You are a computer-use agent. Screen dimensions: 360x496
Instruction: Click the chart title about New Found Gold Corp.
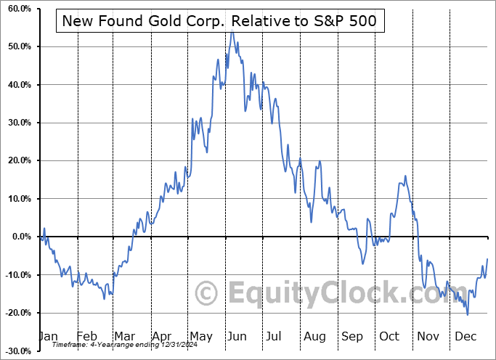(219, 21)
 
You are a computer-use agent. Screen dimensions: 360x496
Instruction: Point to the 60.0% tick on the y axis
(17, 9)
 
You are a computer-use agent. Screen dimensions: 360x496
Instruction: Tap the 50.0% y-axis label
(17, 46)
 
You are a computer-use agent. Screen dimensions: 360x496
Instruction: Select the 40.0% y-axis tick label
(17, 85)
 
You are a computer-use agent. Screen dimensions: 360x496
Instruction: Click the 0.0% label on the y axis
(20, 237)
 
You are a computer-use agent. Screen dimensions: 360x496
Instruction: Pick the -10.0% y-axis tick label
(16, 274)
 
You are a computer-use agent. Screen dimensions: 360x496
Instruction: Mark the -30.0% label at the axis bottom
(16, 351)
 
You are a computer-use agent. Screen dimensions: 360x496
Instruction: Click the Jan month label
(49, 336)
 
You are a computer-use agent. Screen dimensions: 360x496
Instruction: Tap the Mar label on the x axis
(124, 336)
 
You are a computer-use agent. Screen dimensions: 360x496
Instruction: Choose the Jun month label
(237, 336)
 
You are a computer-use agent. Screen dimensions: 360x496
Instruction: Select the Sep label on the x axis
(351, 336)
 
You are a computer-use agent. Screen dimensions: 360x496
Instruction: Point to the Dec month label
(464, 336)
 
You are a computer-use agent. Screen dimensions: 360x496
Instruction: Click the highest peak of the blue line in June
(232, 30)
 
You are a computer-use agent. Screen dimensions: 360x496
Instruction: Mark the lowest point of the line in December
(468, 314)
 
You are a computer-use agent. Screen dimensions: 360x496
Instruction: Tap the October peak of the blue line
(405, 176)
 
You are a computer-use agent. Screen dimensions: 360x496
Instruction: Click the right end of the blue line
(487, 258)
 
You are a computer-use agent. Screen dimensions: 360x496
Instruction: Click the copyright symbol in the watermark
(208, 294)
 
